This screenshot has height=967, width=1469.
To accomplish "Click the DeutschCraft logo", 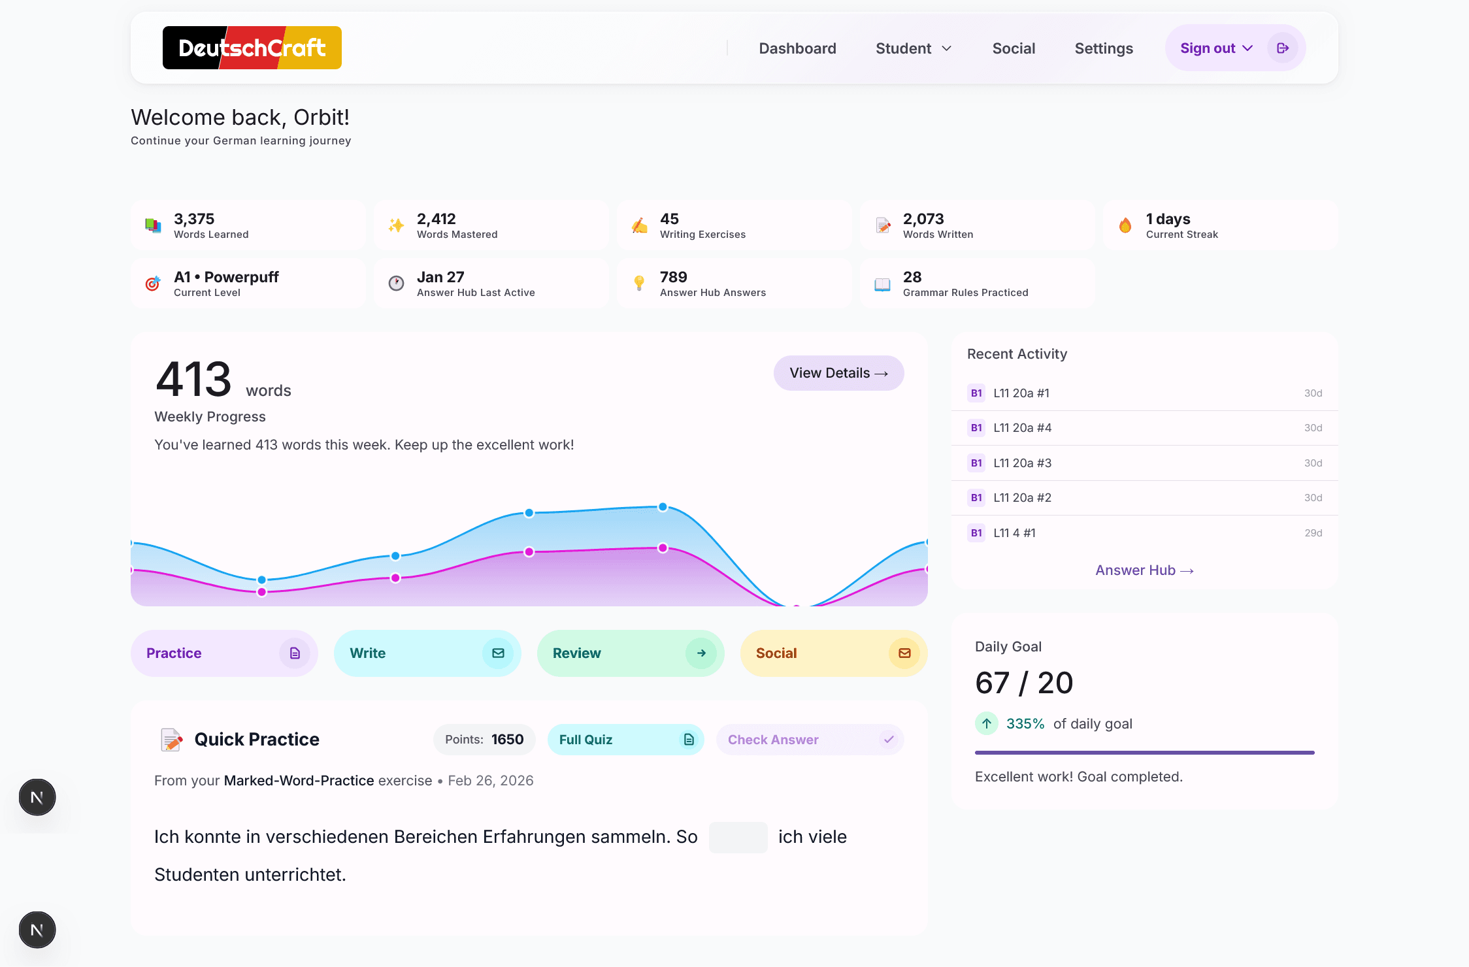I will coord(252,48).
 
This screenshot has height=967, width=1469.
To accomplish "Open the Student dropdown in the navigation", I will coord(913,48).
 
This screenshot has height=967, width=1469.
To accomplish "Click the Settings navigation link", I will coord(1103,48).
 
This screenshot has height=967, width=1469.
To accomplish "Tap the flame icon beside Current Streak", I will coord(1125,225).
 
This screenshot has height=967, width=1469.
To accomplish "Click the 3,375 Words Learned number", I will coord(194,219).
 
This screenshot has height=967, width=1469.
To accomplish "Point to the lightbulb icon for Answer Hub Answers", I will coord(639,283).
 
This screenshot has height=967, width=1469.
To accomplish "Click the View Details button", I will coord(838,373).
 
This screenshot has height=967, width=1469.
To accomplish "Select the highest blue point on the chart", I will coord(663,507).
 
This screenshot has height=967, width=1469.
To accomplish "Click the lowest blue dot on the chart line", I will coord(261,580).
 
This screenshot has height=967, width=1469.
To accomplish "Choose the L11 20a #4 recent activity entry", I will coord(1022,428).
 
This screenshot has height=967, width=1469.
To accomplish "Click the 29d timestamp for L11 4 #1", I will coord(1313,533).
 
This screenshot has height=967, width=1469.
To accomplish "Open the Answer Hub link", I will coord(1144,570).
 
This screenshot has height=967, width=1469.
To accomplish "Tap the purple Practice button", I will coord(223,653).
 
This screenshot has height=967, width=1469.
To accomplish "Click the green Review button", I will coord(630,653).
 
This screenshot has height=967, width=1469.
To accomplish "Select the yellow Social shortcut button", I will coord(833,653).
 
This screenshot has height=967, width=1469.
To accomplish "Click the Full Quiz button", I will coord(625,740).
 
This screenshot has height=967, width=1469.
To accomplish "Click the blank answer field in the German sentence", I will coord(738,838).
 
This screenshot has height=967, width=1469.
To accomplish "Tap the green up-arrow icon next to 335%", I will coord(986,723).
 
